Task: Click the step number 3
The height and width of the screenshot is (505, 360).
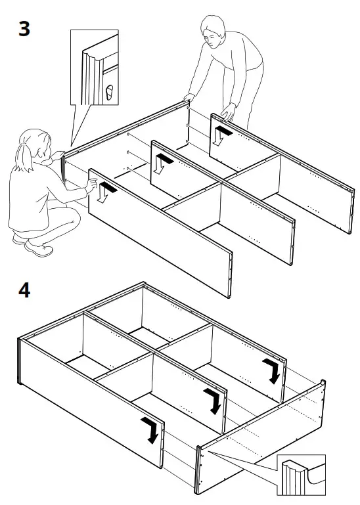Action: click(x=24, y=29)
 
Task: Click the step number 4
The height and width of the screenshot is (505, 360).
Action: click(x=24, y=291)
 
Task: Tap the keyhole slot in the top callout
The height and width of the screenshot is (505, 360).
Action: click(x=110, y=93)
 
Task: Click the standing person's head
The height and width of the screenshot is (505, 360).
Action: click(x=213, y=32)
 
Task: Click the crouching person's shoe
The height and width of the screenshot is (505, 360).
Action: click(x=39, y=248)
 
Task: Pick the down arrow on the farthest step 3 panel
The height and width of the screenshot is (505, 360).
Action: click(x=221, y=135)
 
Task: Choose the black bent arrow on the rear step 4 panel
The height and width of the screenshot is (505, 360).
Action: click(x=273, y=371)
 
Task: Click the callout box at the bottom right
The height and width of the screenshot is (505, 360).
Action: click(x=301, y=474)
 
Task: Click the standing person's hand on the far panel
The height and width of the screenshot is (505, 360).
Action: click(x=229, y=112)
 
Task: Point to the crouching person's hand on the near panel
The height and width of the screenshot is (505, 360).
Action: click(x=91, y=185)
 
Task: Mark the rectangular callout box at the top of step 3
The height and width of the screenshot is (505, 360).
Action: click(x=95, y=68)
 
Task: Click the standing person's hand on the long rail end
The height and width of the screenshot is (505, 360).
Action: click(x=189, y=97)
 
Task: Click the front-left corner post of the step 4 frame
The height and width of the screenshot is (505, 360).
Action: click(x=20, y=361)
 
